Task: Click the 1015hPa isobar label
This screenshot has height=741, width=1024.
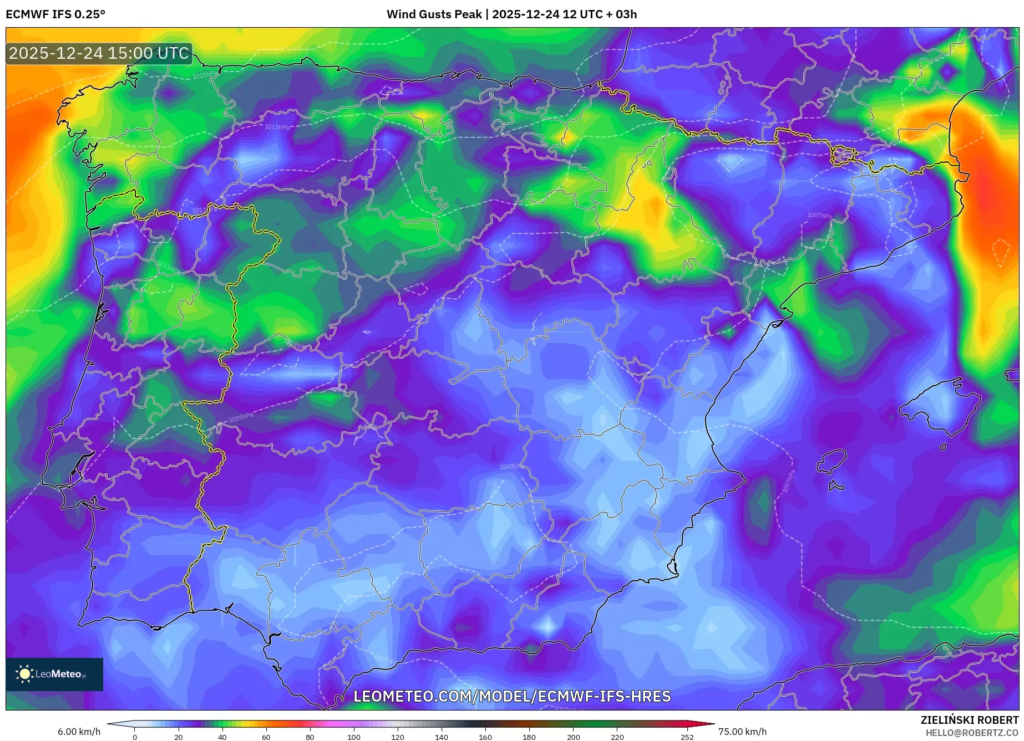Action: pos(205,75)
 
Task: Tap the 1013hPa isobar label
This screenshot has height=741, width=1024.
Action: pos(277,127)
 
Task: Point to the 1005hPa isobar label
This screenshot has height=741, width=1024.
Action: pos(728,156)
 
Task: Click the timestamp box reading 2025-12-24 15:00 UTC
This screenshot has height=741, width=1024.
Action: pos(99,54)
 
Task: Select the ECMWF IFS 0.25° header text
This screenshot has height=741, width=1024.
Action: pos(55,14)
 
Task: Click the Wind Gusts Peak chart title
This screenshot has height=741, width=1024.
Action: pos(511,14)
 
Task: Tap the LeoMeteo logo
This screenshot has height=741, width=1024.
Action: pos(54,674)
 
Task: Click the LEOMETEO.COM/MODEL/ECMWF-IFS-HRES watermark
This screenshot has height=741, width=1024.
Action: pos(511,696)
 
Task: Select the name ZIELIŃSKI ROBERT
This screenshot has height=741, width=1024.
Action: pos(969,720)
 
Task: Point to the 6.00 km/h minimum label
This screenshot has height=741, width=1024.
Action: pos(79,732)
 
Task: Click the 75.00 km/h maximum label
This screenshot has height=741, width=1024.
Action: pos(742,732)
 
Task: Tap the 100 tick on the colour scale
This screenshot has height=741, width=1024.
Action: pos(354,737)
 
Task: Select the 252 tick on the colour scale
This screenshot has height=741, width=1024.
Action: pos(687,737)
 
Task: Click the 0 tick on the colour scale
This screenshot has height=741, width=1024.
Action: pos(135,737)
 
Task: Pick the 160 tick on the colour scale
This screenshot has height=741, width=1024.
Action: pos(485,737)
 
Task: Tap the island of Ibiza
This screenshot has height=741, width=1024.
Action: pos(832,461)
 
